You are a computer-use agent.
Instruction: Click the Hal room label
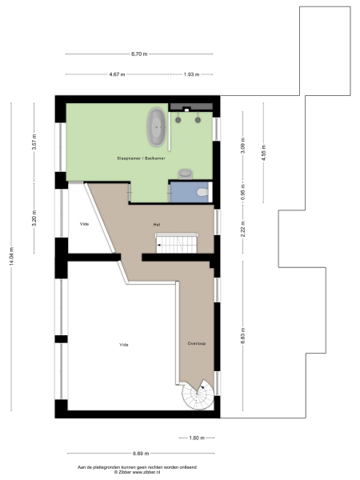(158, 225)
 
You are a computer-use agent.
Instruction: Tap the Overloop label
(197, 344)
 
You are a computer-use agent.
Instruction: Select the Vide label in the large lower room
(124, 345)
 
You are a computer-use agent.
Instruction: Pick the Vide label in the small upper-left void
(84, 224)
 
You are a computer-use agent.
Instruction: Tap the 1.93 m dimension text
(191, 74)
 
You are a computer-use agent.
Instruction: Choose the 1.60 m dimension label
(197, 438)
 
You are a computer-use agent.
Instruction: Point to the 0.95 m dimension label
(242, 193)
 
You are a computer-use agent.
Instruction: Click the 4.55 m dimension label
(263, 150)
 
